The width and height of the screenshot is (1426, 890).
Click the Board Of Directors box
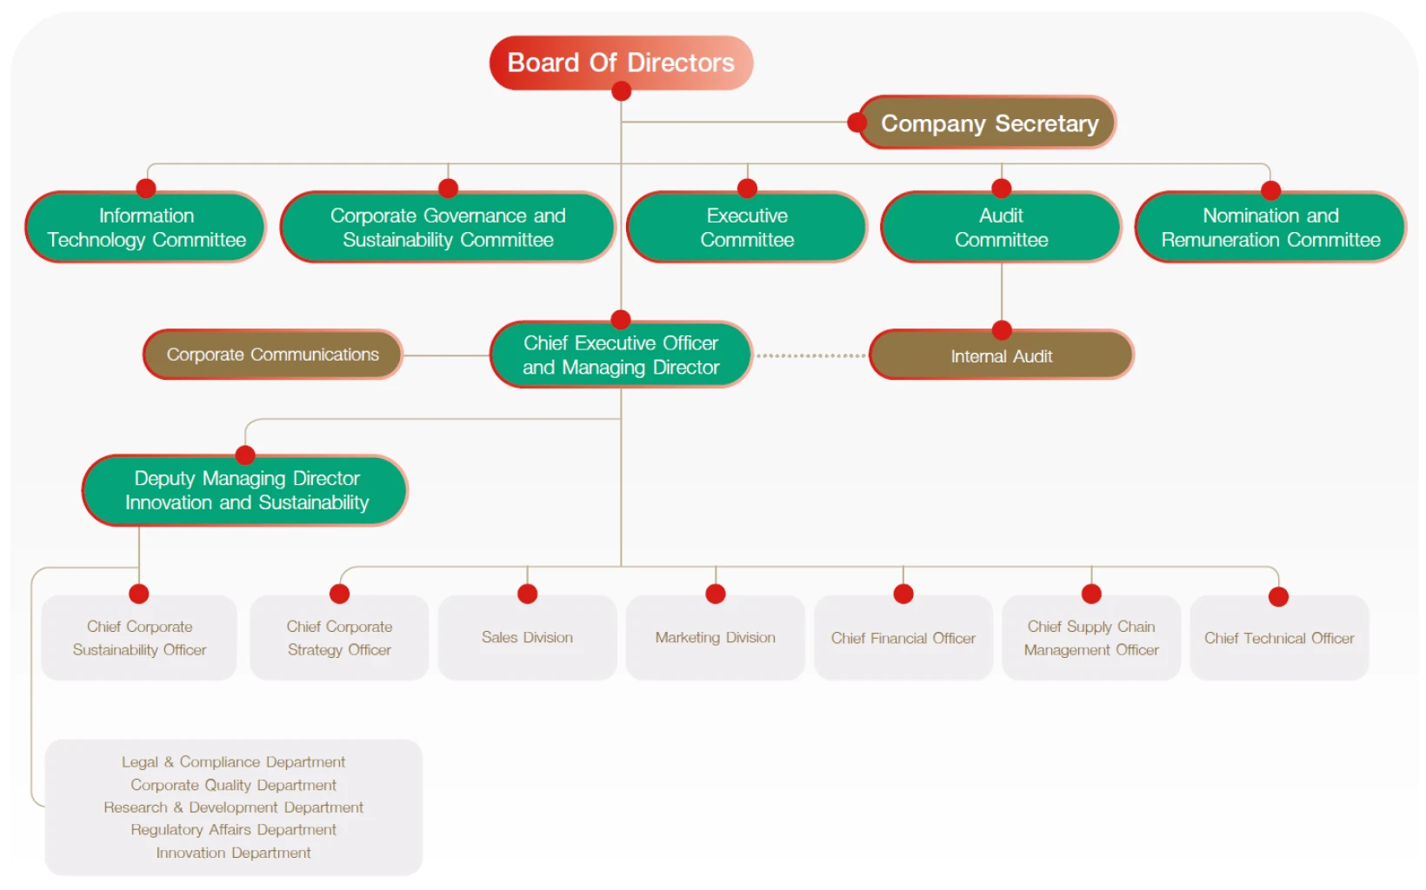click(621, 63)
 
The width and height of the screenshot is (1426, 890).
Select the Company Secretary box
click(988, 123)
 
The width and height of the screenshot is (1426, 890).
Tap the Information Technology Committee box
click(146, 227)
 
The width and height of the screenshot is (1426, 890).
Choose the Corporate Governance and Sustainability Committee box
click(448, 227)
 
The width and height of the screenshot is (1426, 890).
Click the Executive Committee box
click(747, 227)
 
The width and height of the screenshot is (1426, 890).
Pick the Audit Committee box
click(1001, 227)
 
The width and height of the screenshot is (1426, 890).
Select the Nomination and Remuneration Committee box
click(1270, 227)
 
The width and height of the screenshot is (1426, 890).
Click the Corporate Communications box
click(272, 355)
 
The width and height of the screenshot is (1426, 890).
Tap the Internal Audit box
click(1002, 355)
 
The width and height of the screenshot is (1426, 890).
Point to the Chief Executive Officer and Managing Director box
click(621, 355)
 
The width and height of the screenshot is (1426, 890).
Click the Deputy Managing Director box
click(245, 490)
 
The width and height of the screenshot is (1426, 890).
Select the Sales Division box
click(527, 637)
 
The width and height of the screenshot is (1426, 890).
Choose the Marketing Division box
click(715, 637)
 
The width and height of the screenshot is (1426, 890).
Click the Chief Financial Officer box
click(903, 637)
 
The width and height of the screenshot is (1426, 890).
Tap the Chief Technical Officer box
click(1279, 637)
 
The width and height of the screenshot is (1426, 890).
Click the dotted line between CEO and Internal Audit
click(810, 355)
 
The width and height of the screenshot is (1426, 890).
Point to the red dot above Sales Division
click(527, 594)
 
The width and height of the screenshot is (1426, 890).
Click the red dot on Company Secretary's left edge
click(856, 123)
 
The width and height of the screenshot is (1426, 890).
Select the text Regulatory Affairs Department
click(233, 829)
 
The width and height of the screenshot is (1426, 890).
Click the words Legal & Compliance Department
click(233, 761)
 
